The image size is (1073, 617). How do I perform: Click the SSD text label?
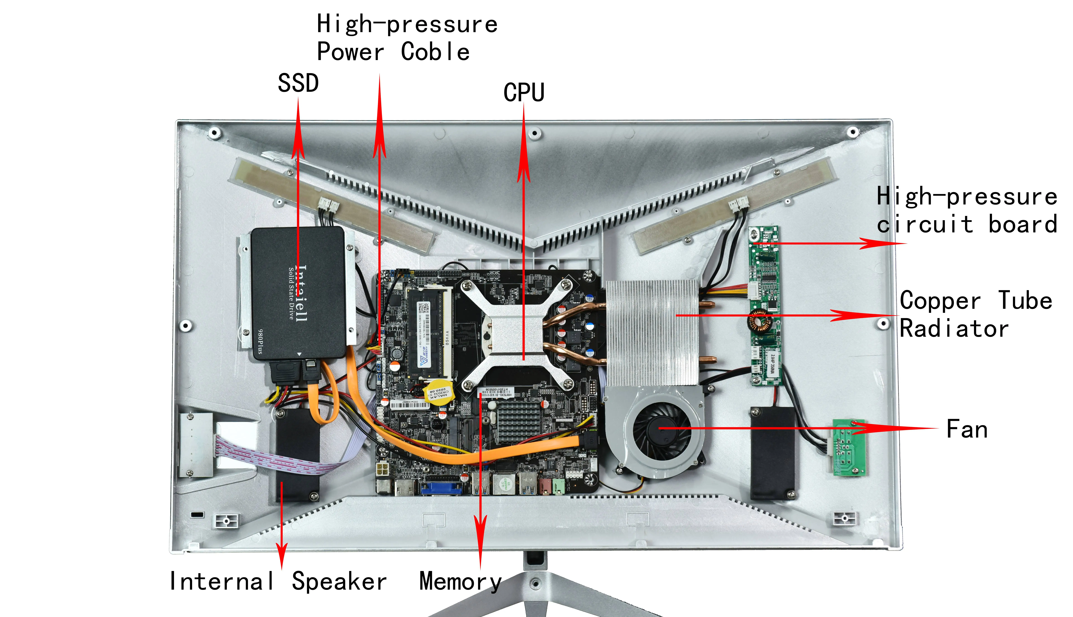click(x=298, y=83)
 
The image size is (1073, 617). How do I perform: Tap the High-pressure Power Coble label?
click(x=407, y=38)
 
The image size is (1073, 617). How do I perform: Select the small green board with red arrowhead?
click(x=849, y=448)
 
